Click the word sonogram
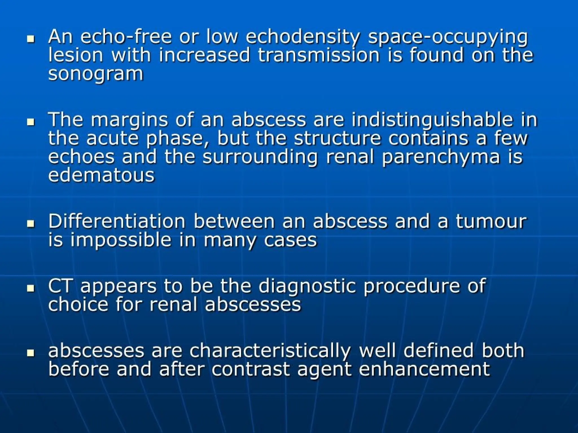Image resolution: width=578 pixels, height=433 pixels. coord(96,74)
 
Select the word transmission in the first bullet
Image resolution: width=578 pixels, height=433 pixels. coord(319,55)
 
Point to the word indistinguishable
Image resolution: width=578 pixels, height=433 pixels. coord(432,120)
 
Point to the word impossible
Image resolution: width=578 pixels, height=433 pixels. coord(121,240)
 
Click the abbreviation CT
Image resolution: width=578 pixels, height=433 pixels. coord(60,286)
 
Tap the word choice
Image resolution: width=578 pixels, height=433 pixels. coord(78,304)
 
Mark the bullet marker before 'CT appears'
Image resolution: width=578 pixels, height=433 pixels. coord(30,288)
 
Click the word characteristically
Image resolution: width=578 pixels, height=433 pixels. coord(270,351)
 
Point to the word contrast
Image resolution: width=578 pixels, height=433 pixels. coord(251,369)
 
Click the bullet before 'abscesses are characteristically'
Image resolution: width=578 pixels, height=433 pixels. coord(30,353)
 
